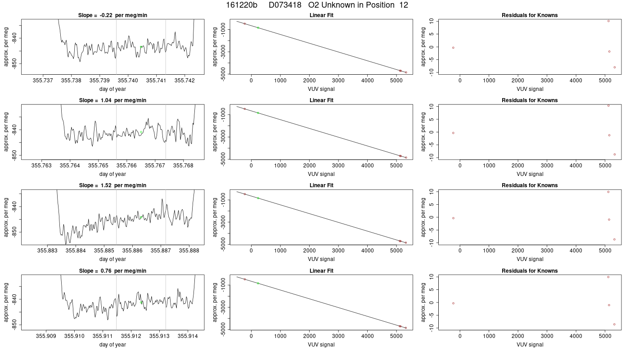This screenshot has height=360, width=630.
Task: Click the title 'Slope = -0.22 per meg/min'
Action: (x=112, y=15)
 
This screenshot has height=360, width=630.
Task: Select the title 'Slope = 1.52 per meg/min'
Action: (x=112, y=185)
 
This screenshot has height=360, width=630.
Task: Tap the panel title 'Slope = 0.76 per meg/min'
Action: (x=112, y=271)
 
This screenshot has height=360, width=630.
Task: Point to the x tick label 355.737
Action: (x=43, y=81)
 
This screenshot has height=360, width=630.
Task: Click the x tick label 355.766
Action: (x=127, y=166)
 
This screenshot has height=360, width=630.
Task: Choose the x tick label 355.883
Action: (x=47, y=251)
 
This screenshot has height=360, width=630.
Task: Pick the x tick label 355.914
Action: (x=188, y=336)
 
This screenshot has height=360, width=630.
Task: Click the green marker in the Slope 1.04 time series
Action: (x=141, y=132)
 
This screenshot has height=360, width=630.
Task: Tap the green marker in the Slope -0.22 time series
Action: (x=141, y=47)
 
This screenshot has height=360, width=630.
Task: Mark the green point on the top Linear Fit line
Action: (x=258, y=28)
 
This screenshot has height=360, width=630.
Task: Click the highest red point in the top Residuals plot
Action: (x=608, y=21)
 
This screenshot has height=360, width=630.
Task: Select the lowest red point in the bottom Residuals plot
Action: (x=614, y=324)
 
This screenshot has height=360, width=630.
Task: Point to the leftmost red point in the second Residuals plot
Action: (x=453, y=133)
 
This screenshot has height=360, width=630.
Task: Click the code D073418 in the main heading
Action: (x=285, y=5)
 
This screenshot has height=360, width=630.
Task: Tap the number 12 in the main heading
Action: (x=404, y=5)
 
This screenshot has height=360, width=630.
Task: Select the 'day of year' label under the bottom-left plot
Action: (x=112, y=345)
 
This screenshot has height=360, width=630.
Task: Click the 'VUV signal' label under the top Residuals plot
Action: (x=530, y=89)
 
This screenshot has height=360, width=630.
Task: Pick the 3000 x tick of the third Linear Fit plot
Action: (x=338, y=251)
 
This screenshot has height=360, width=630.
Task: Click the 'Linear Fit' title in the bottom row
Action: (x=321, y=271)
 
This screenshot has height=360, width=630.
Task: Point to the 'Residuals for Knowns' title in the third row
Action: (x=530, y=185)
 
